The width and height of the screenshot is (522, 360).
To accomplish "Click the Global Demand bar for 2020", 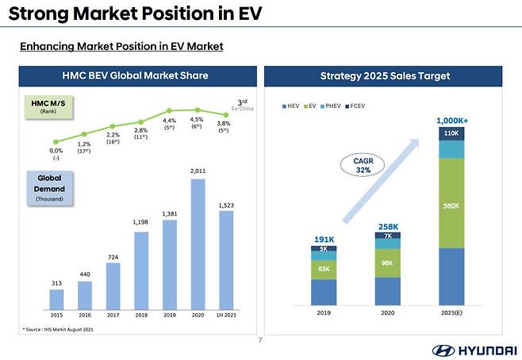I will [x=198, y=243].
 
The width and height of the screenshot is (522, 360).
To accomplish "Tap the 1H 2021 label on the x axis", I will [x=227, y=314].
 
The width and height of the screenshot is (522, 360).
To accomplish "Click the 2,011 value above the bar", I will [x=198, y=170].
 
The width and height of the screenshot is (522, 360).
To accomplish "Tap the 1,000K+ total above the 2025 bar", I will [x=452, y=120].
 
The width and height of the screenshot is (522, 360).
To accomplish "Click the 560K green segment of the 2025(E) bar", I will [x=452, y=203].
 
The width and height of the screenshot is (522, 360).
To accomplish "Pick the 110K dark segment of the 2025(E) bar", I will [x=452, y=134].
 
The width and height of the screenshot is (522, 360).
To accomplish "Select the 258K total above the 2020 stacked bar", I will [x=388, y=226].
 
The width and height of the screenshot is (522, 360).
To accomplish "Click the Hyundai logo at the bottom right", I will [x=471, y=350].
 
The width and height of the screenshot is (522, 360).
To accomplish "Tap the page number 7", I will [x=261, y=340].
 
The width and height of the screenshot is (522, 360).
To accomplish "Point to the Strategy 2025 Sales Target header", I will [x=386, y=76].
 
